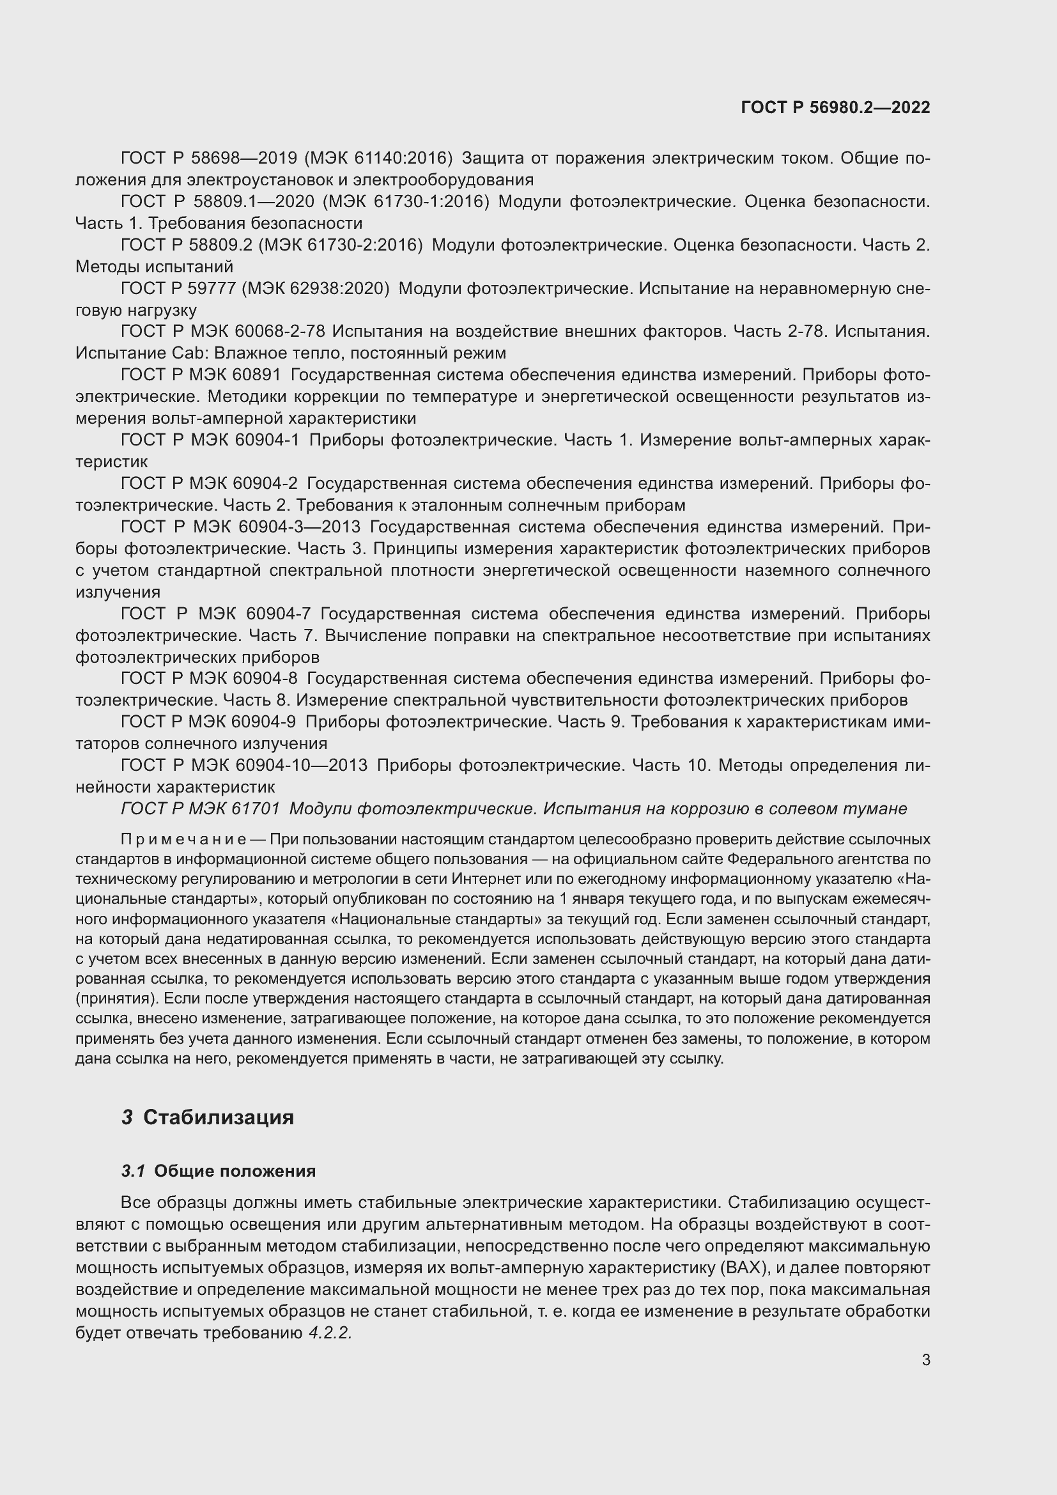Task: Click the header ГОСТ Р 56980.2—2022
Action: click(835, 107)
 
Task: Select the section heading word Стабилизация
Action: click(218, 1117)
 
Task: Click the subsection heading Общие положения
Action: click(235, 1171)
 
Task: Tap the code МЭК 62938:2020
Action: click(315, 288)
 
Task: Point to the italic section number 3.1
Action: click(134, 1171)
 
